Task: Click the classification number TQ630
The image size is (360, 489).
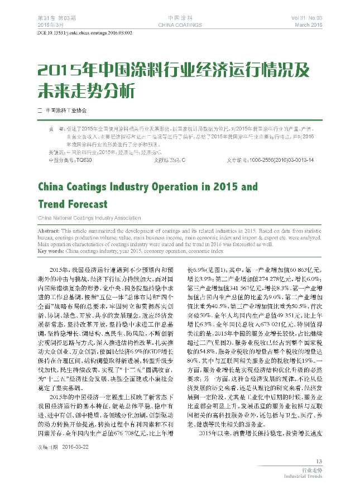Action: point(84,160)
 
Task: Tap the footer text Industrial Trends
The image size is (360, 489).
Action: point(303,477)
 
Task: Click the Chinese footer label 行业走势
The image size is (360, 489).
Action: point(311,471)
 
